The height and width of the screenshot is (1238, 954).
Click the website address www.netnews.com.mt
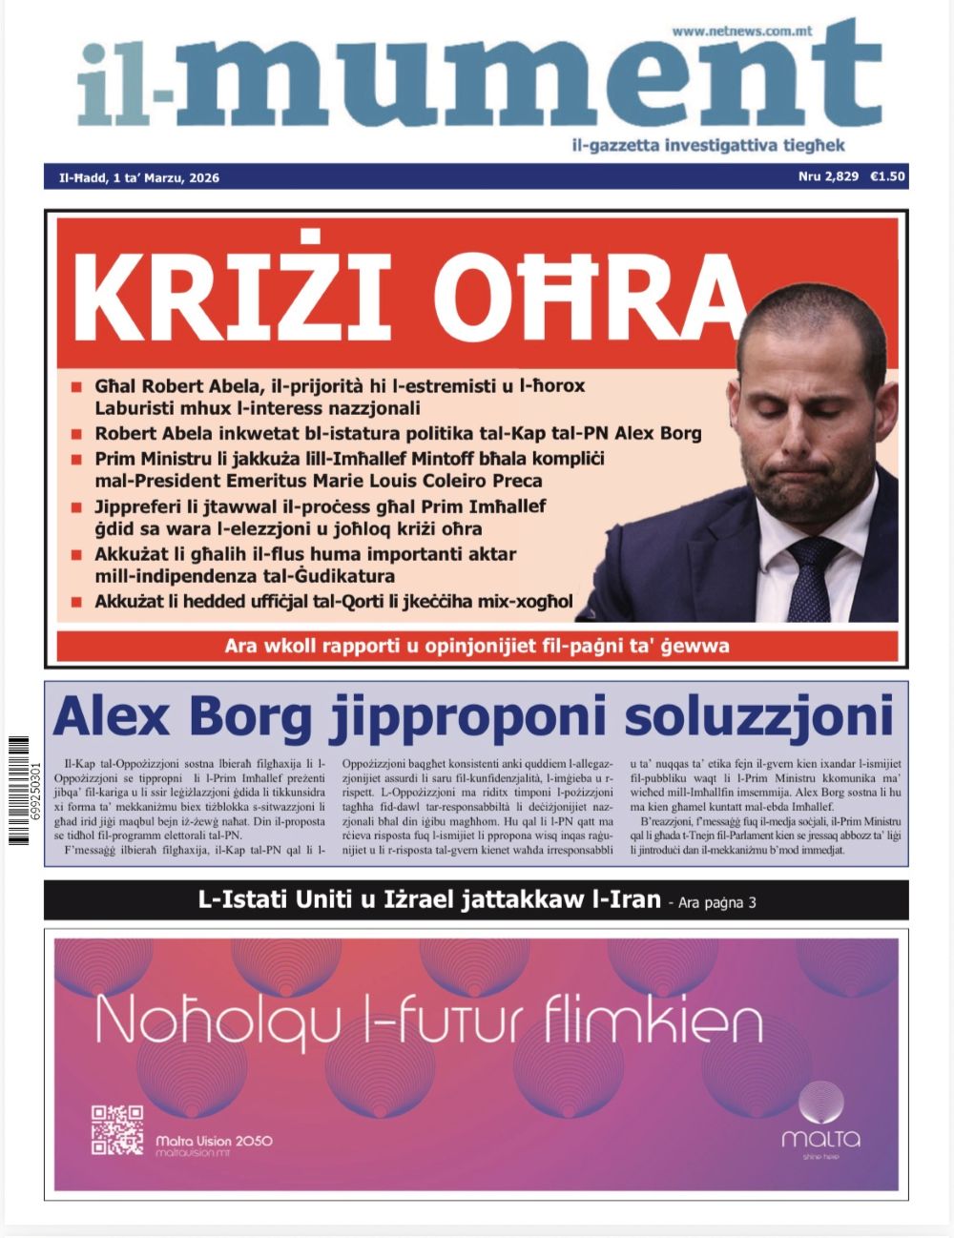coord(741,31)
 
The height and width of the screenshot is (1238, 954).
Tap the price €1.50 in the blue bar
coord(887,176)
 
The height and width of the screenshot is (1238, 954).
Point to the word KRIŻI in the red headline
coord(229,290)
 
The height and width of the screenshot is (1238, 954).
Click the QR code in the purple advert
coord(116,1129)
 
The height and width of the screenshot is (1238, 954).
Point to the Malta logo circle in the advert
coord(820,1104)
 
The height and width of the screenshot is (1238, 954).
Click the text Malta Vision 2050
coord(214,1141)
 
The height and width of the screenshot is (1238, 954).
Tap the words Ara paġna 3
coord(716,901)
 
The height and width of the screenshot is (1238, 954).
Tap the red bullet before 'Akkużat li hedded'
coord(76,603)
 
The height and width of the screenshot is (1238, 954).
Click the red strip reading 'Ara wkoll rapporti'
coord(477,646)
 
